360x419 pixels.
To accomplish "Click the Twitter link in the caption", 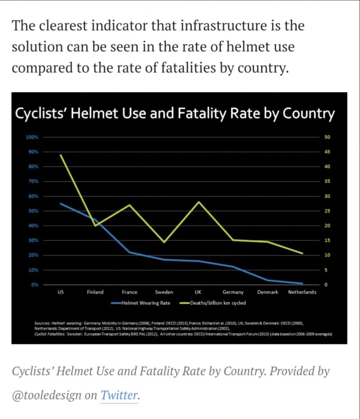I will pyautogui.click(x=119, y=396).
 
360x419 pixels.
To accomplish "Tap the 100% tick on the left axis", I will pyautogui.click(x=33, y=137).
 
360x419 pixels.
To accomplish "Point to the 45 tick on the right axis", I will pyautogui.click(x=327, y=152).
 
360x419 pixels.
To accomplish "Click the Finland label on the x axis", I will pyautogui.click(x=95, y=292).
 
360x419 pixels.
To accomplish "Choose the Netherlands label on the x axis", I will pyautogui.click(x=302, y=292).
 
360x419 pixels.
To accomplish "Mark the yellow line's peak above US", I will pyautogui.click(x=60, y=155).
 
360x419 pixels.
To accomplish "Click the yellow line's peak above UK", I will pyautogui.click(x=198, y=202).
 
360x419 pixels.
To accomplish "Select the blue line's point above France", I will pyautogui.click(x=130, y=252).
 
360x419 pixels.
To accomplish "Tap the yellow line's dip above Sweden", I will pyautogui.click(x=164, y=242).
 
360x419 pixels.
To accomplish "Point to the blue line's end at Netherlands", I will pyautogui.click(x=302, y=284).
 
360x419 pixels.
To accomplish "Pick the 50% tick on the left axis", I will pyautogui.click(x=34, y=211).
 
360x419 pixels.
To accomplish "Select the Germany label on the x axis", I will pyautogui.click(x=233, y=292).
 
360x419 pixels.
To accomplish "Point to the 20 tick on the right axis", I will pyautogui.click(x=327, y=225).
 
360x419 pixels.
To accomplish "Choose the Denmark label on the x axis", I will pyautogui.click(x=267, y=292).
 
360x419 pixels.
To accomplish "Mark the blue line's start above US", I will pyautogui.click(x=60, y=203).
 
